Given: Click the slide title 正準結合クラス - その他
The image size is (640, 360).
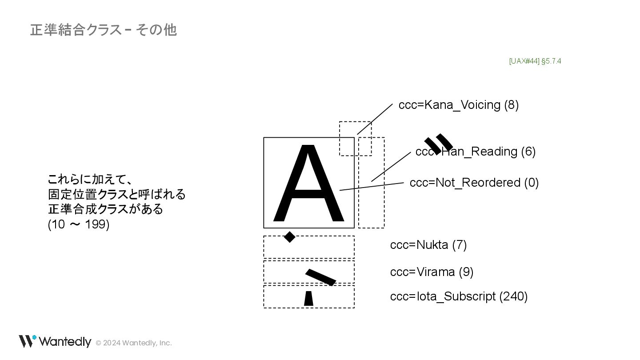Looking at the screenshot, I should point(103,30).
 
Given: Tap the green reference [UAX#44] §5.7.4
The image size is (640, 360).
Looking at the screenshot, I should point(535,61).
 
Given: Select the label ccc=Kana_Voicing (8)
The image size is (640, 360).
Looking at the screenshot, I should point(458,105).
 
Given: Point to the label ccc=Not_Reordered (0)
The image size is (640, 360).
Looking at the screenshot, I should point(474,183).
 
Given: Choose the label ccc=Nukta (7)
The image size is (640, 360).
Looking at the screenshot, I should point(428,245).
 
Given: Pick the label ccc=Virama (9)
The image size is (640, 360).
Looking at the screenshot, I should point(431,272).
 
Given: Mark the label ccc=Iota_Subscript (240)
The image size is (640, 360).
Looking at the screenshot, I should point(458,296).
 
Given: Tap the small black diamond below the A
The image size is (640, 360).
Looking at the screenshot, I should point(289,237).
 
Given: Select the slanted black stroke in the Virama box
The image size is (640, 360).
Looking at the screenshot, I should point(320,277).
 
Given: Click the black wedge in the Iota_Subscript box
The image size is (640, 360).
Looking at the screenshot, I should point(308,299).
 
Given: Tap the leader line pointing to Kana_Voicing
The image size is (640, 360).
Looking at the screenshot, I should point(375,119).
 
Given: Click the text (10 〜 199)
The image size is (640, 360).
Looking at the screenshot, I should point(78,224).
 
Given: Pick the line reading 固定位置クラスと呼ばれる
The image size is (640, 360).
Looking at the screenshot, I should point(116,194).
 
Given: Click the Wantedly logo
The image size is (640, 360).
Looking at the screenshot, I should point(55,341).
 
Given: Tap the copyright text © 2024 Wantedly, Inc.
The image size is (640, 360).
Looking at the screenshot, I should point(134,343).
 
